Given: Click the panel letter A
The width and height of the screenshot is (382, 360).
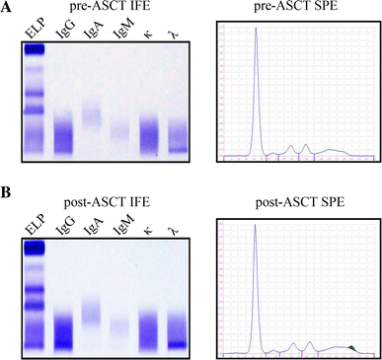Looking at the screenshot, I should (x=7, y=9).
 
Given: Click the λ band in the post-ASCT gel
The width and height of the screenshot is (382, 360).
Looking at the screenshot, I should (x=177, y=344).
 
